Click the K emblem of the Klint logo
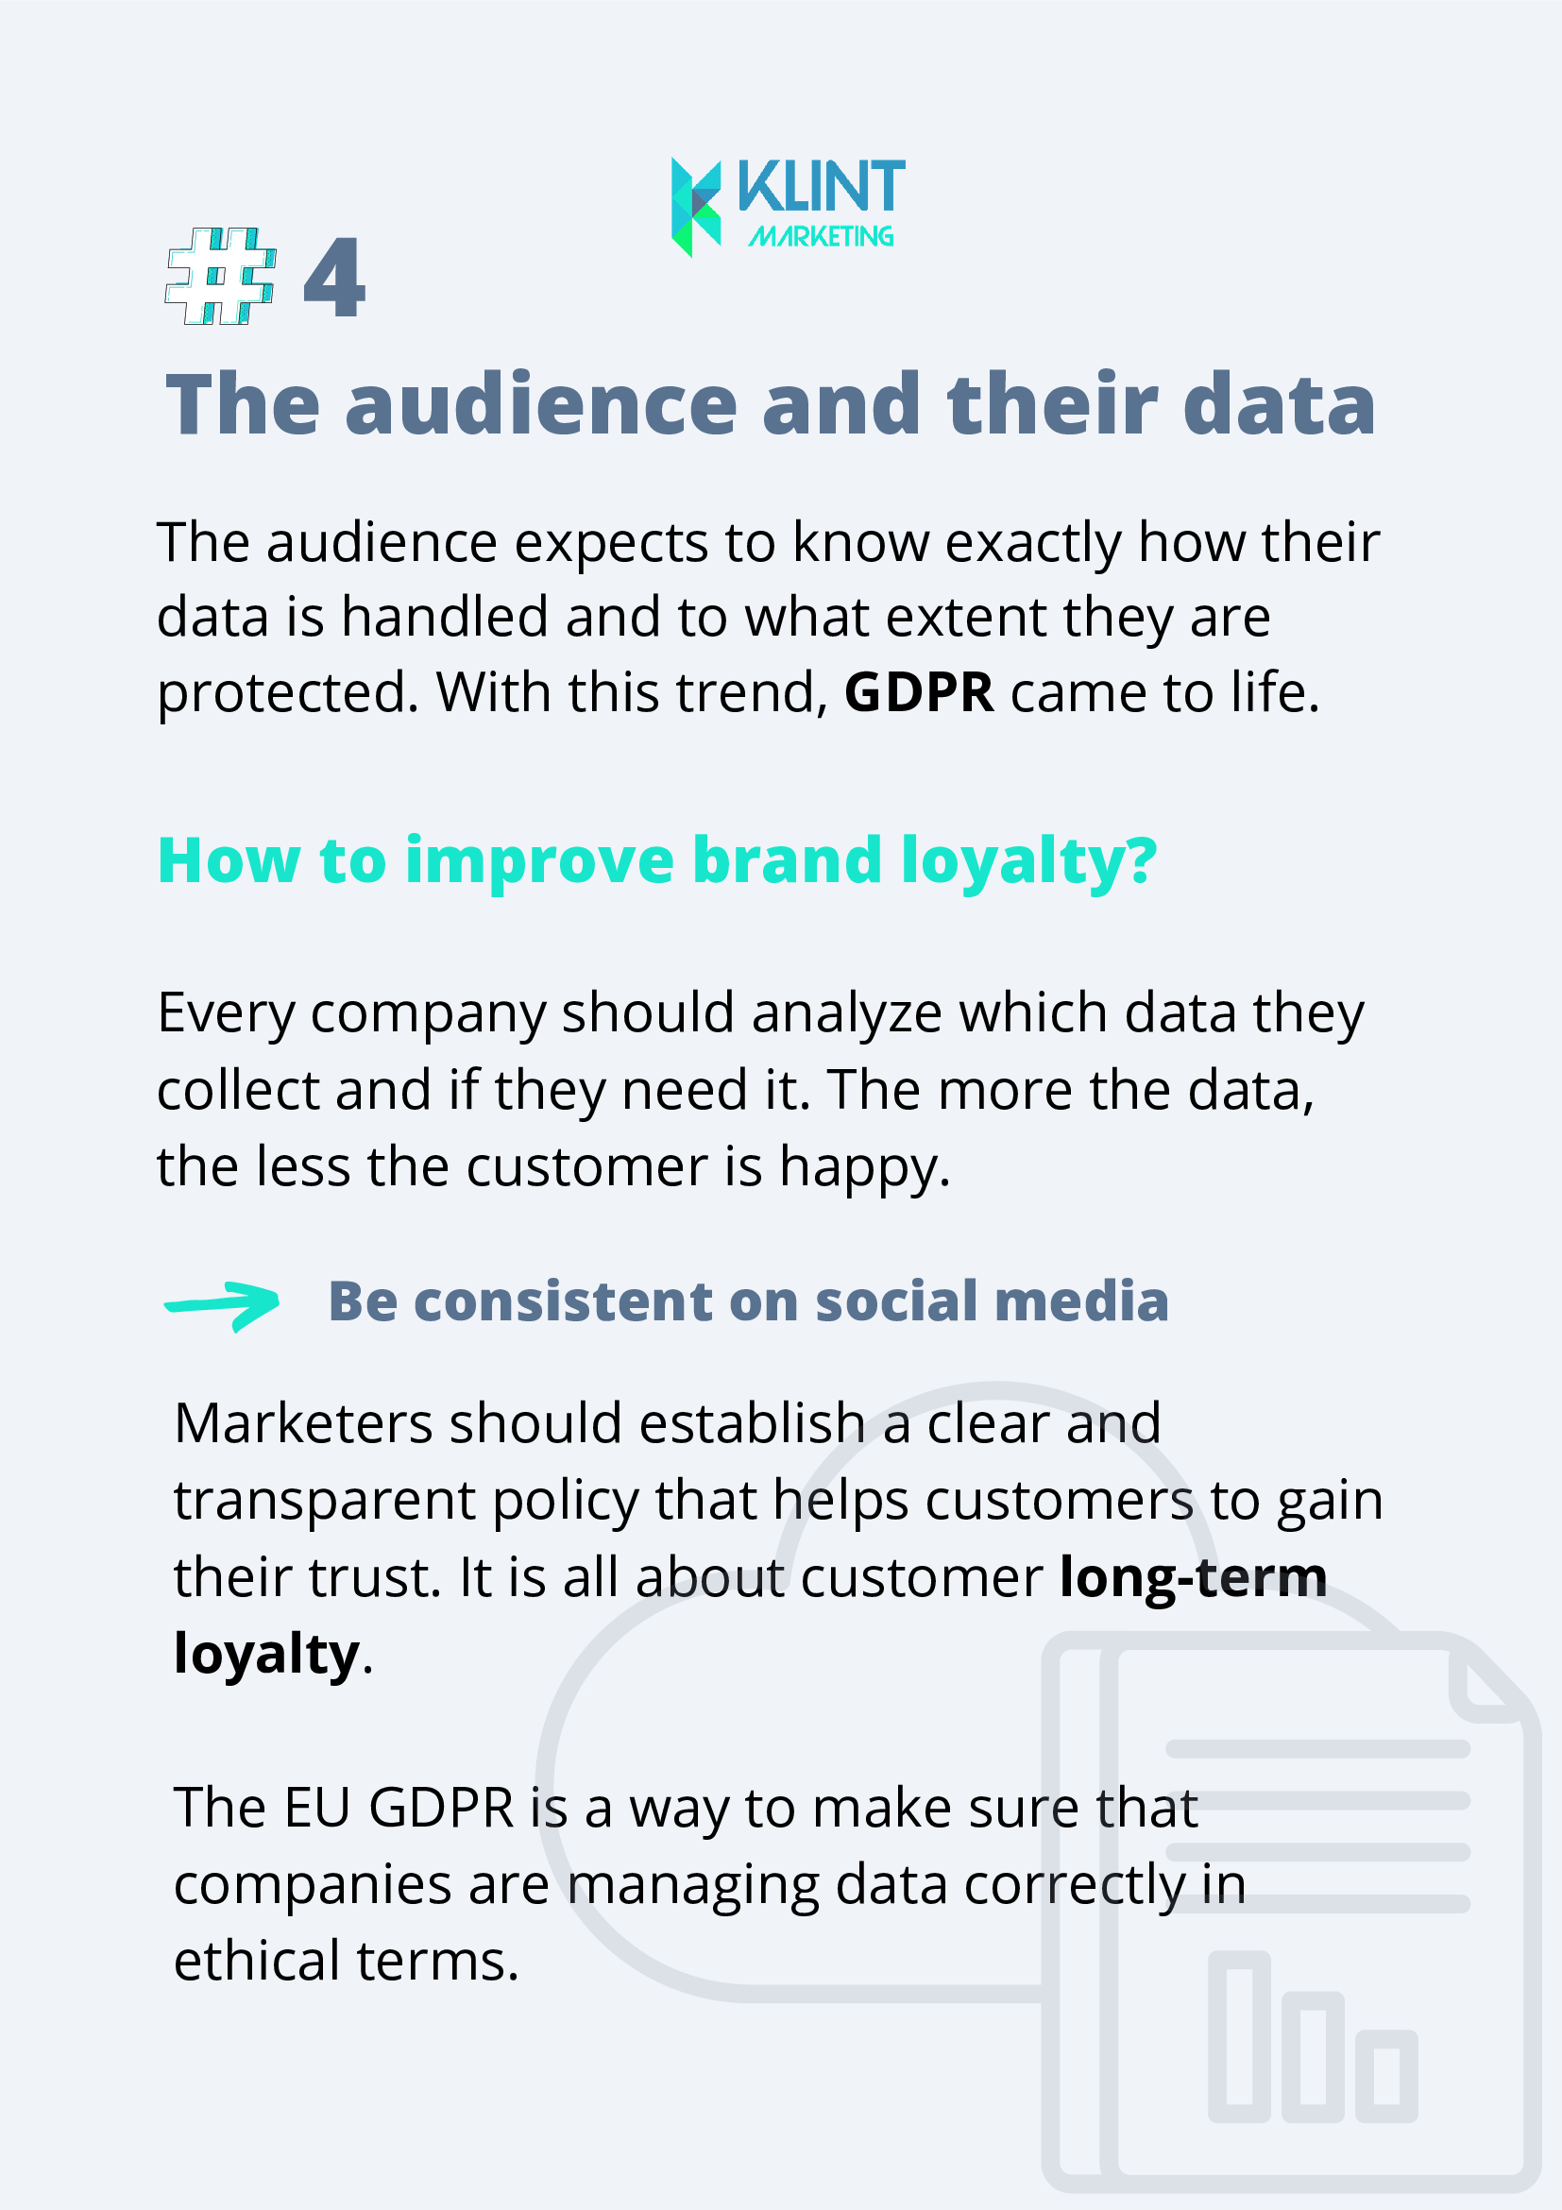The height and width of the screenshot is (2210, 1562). [696, 207]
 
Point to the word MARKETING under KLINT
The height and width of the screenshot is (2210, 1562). [821, 236]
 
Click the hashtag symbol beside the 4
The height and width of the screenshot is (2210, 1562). [221, 276]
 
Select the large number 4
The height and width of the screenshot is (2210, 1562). [334, 278]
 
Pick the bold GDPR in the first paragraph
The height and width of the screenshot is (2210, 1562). [919, 692]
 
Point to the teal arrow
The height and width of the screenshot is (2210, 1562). [221, 1305]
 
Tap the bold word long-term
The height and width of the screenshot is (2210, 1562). [1194, 1578]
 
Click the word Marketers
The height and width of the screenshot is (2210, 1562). [303, 1422]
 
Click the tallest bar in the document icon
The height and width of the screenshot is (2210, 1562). [1240, 2037]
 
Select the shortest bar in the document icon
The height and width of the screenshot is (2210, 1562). [1387, 2076]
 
